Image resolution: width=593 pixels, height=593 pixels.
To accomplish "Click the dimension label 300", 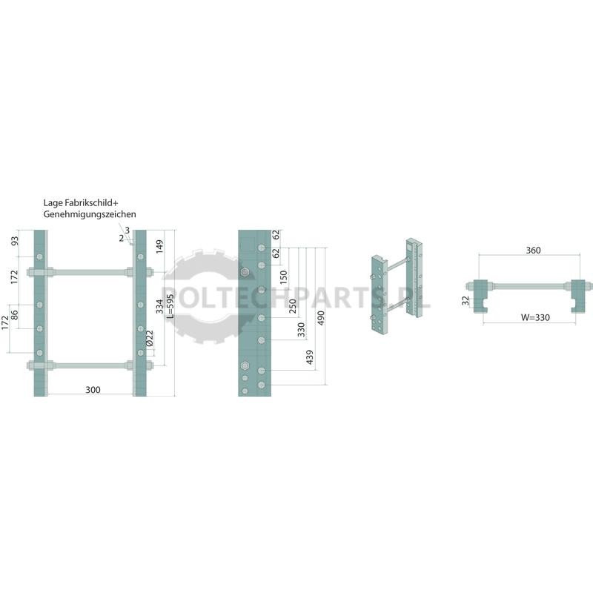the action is click(x=93, y=390).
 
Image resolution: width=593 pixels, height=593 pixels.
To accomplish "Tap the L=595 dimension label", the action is click(x=170, y=306).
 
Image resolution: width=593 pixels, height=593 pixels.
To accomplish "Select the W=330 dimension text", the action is click(x=535, y=318).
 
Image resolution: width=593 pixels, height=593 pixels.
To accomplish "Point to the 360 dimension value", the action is click(x=533, y=251).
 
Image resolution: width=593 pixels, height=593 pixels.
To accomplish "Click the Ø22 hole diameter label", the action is click(x=150, y=339).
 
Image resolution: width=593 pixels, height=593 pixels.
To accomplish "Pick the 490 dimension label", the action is click(x=321, y=318).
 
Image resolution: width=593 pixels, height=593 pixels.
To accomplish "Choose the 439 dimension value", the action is click(x=310, y=357).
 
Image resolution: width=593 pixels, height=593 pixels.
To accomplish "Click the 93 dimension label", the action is click(x=14, y=241).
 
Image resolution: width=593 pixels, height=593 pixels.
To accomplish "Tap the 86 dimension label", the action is click(x=14, y=314).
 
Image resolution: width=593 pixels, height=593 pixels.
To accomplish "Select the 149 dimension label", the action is click(x=159, y=247).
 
